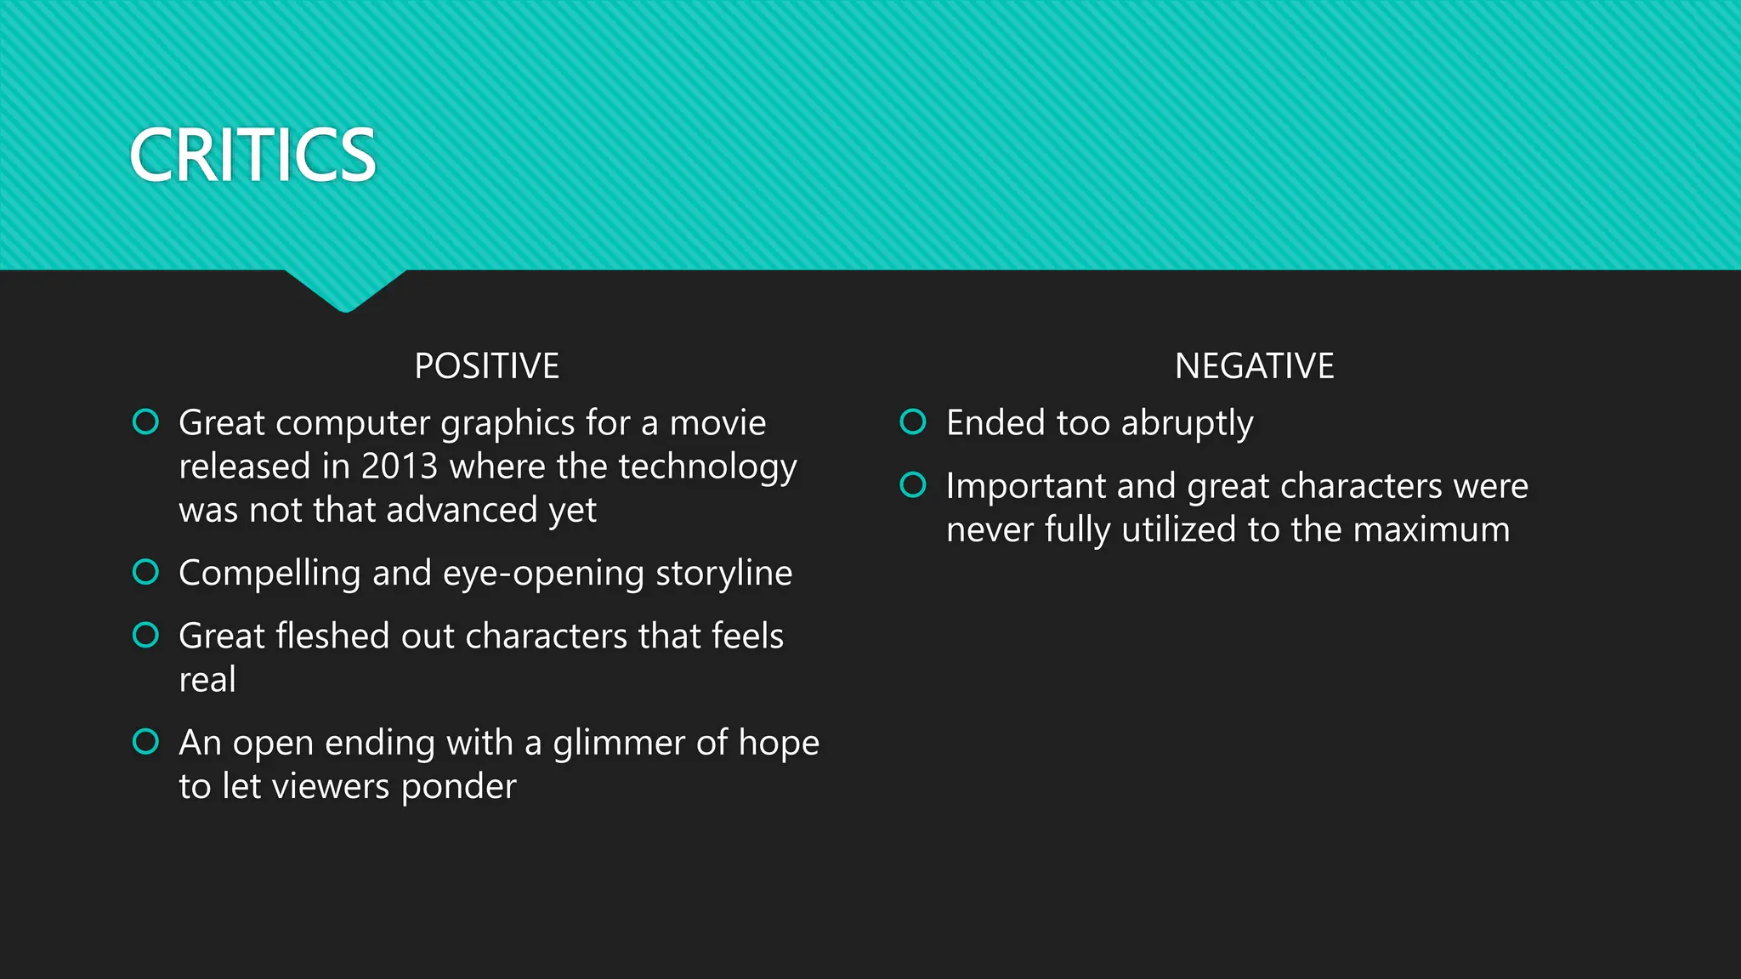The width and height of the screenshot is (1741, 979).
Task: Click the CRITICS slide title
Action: (x=252, y=156)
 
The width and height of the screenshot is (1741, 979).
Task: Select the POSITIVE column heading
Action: (x=486, y=366)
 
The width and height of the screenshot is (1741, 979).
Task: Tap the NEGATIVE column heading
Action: (x=1254, y=366)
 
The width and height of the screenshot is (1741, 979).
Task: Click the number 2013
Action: (x=399, y=467)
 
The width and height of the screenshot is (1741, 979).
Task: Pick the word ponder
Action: (x=458, y=787)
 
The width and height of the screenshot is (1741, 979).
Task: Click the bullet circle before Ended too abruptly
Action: (x=912, y=422)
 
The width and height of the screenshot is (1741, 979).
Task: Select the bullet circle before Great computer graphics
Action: (x=145, y=422)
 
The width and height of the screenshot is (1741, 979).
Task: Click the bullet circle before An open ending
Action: (x=145, y=741)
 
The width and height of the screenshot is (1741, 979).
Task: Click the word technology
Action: (x=707, y=467)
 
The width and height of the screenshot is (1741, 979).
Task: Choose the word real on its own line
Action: (x=207, y=680)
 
